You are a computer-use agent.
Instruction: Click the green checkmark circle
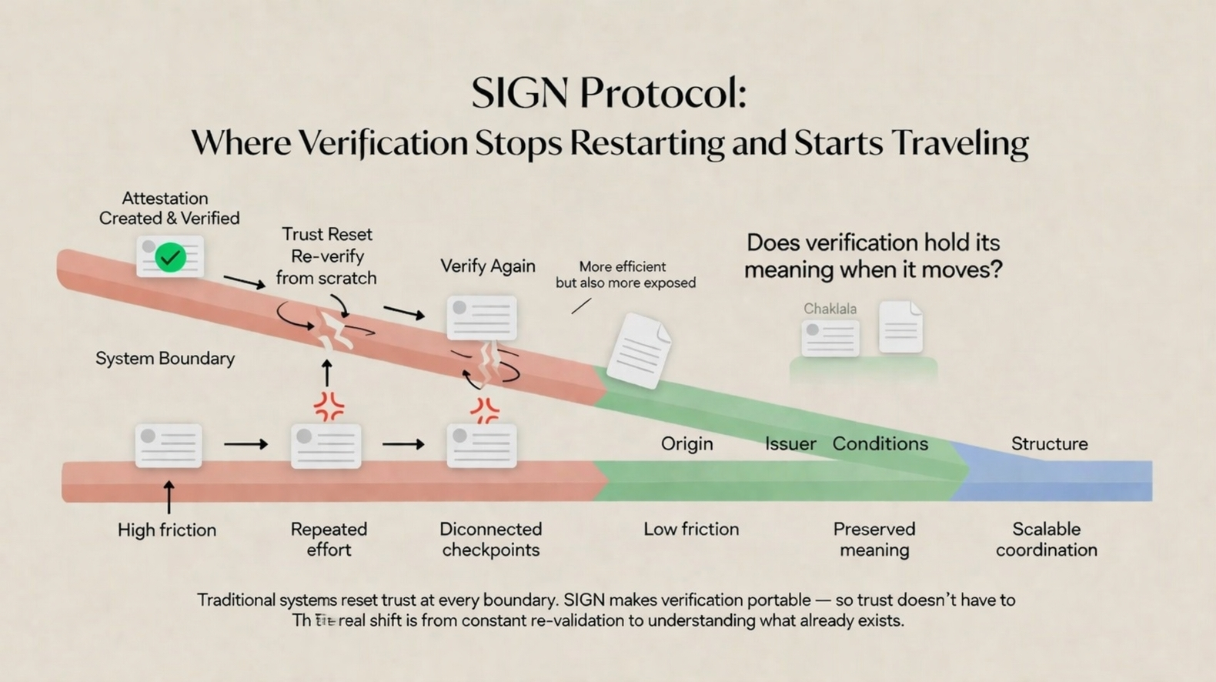point(170,257)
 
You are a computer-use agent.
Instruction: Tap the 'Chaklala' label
point(830,309)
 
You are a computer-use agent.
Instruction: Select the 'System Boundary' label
point(165,359)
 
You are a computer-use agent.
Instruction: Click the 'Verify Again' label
point(487,266)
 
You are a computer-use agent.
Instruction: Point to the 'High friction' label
point(167,530)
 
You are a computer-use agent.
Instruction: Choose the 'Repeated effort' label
point(329,539)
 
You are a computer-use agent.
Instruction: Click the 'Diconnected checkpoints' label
point(490,539)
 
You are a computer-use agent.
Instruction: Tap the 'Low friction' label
point(690,529)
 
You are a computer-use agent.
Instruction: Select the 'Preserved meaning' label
point(874,539)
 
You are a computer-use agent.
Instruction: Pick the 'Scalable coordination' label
point(1046,539)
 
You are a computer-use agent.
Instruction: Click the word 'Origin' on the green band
point(687,444)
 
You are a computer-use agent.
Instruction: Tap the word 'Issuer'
point(790,444)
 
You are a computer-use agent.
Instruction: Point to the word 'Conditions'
point(880,444)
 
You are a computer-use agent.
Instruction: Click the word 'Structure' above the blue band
point(1049,444)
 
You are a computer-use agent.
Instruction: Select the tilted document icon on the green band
point(638,350)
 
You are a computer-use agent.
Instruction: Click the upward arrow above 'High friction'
point(169,497)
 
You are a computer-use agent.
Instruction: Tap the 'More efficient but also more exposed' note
point(625,275)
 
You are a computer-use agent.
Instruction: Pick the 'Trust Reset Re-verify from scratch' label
point(326,256)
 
